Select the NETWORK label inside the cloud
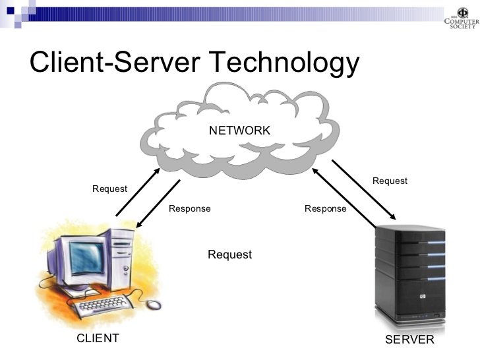pyautogui.click(x=239, y=131)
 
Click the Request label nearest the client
pyautogui.click(x=109, y=189)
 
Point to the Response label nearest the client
pyautogui.click(x=189, y=208)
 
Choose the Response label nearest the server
pyautogui.click(x=325, y=208)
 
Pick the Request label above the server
pyautogui.click(x=390, y=181)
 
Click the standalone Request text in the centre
pyautogui.click(x=229, y=255)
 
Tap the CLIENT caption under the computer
pyautogui.click(x=98, y=338)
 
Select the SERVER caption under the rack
pyautogui.click(x=409, y=340)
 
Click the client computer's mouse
pyautogui.click(x=153, y=304)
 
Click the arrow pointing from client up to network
pyautogui.click(x=138, y=192)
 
